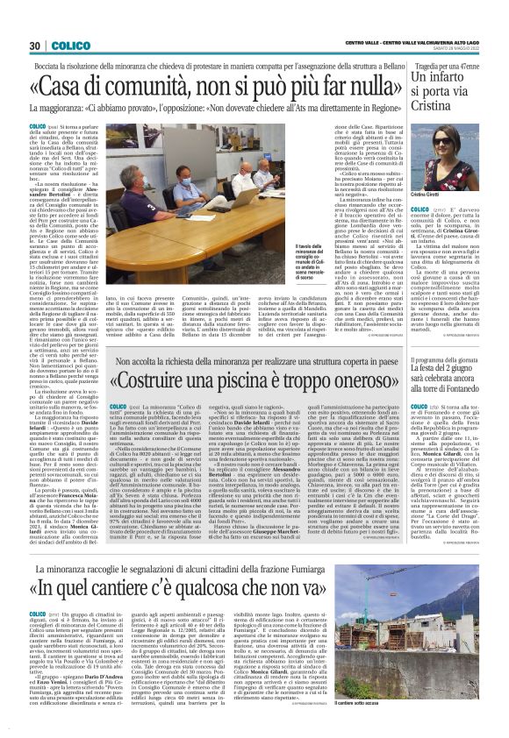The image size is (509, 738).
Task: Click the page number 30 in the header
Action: click(35, 46)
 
